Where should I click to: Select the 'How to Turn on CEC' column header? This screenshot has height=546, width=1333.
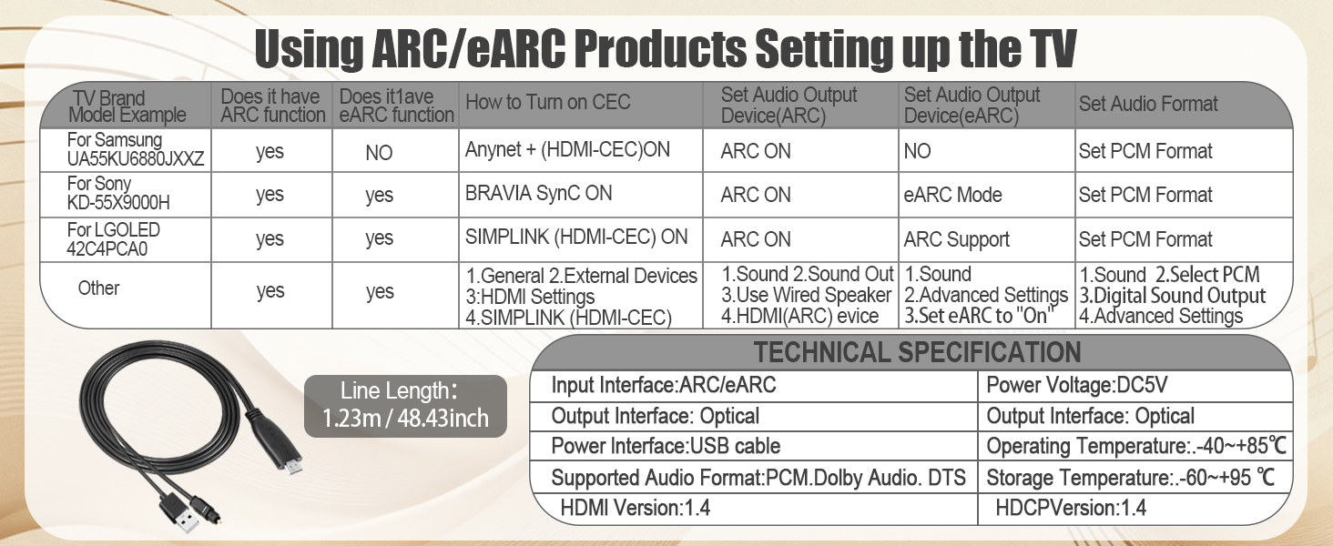(547, 103)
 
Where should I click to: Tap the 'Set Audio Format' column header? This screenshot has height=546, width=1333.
(1148, 104)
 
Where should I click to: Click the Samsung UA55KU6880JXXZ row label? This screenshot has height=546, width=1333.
(125, 150)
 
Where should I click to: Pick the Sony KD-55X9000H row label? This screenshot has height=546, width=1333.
(119, 194)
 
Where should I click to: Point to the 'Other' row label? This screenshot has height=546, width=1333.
(98, 288)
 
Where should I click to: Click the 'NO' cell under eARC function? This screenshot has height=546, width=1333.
(379, 153)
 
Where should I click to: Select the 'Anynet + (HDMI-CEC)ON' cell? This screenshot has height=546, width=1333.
(567, 150)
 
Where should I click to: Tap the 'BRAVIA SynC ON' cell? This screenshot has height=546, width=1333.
(539, 194)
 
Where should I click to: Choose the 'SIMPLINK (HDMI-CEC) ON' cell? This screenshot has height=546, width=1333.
(576, 238)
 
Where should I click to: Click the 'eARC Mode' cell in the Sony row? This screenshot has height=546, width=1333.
(953, 195)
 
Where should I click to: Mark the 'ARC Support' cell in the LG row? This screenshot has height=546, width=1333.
(957, 239)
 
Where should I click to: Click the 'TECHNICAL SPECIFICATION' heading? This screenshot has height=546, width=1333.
(917, 352)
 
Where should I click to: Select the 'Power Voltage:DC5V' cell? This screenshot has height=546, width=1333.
(1076, 386)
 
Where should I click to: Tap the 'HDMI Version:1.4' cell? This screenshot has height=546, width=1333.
(635, 508)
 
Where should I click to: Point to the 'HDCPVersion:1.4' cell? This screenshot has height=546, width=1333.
(1071, 508)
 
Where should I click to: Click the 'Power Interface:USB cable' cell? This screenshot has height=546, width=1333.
(666, 447)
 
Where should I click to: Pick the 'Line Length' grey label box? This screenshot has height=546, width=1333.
(405, 405)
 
